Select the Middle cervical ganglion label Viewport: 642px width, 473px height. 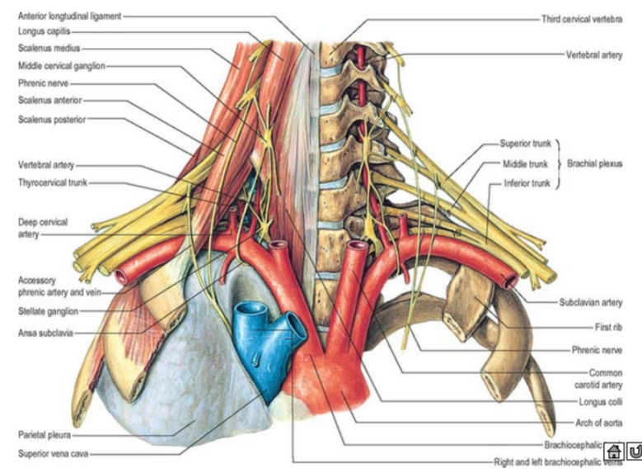point(61,66)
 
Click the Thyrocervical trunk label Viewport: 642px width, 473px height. point(52,182)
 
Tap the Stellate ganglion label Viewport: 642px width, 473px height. point(48,312)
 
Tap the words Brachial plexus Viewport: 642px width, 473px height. point(594,163)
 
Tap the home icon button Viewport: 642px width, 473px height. point(614,452)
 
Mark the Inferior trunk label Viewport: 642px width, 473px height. point(527,183)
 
